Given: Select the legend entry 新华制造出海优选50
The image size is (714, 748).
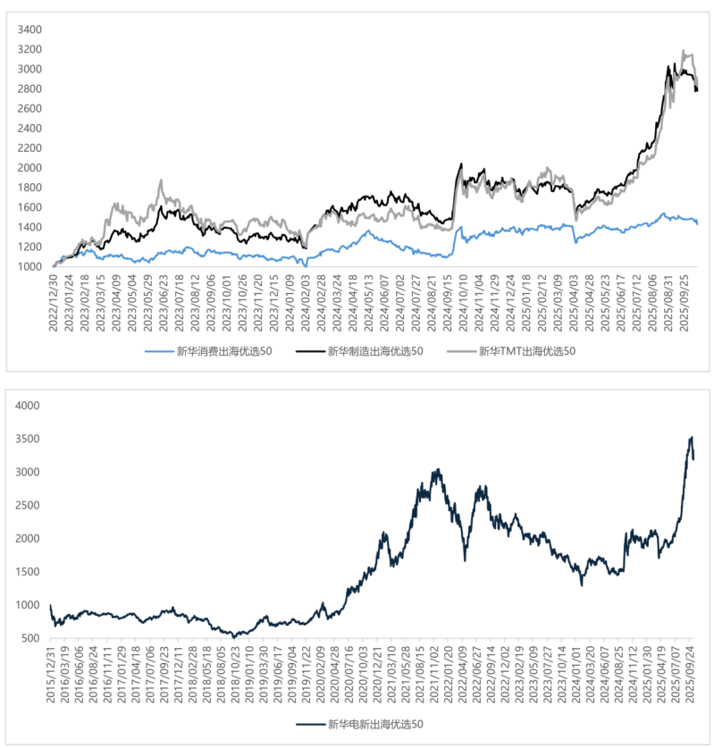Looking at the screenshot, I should (x=374, y=350).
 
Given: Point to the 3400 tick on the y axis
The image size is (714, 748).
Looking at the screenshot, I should (x=29, y=29).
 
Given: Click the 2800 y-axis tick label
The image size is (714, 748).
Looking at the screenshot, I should (x=29, y=88).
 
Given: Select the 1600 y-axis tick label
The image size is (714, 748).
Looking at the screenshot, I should (x=29, y=207).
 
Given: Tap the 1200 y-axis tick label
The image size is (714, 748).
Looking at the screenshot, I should (x=29, y=247).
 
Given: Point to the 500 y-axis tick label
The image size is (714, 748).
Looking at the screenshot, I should (x=29, y=638).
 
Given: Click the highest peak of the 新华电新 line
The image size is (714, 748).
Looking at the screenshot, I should (x=691, y=437).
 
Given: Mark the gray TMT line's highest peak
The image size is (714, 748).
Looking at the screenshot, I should (x=684, y=52).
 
